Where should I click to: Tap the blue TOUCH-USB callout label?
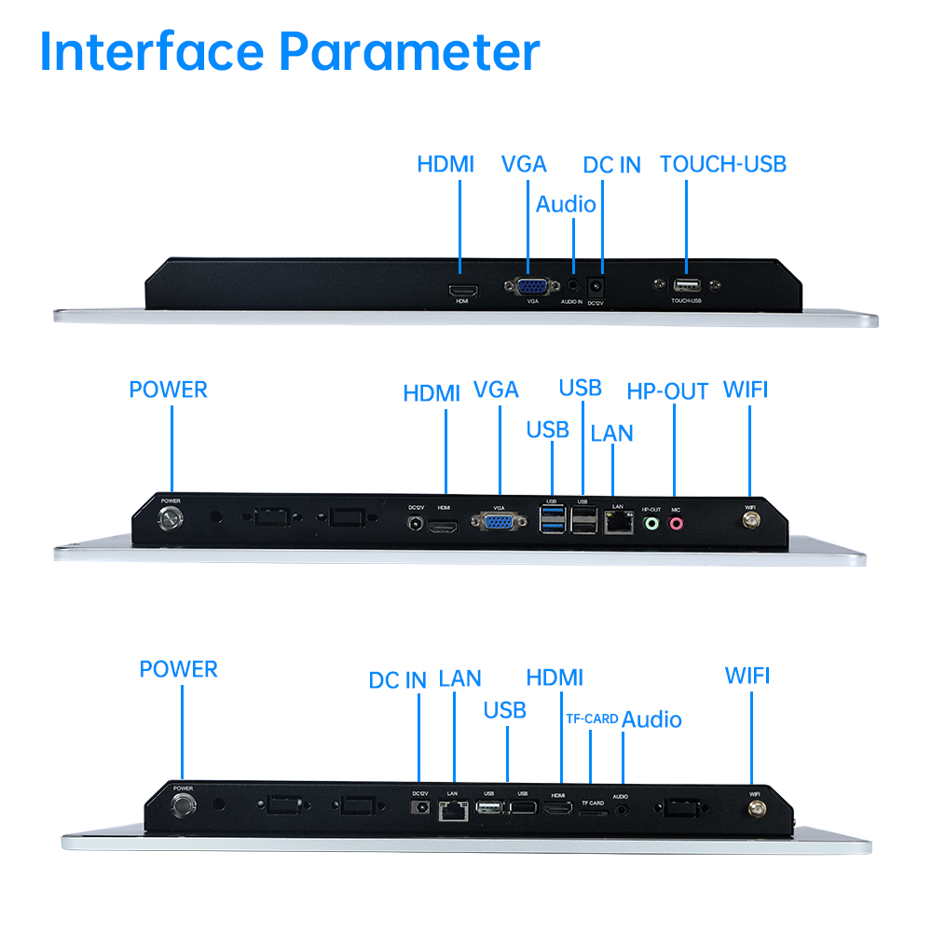tap(723, 165)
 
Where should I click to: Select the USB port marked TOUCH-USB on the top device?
tap(687, 284)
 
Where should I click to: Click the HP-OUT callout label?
tap(667, 391)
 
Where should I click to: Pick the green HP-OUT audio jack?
tap(651, 524)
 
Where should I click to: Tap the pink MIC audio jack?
tap(676, 524)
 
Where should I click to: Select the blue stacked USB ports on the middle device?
tap(553, 524)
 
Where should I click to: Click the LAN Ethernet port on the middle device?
tap(617, 524)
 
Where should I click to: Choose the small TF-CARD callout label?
tap(592, 719)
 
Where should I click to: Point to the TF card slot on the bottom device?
tap(592, 812)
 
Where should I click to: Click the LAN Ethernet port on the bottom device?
tap(453, 810)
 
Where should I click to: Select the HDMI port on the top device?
tap(462, 290)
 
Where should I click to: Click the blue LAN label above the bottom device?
tap(459, 678)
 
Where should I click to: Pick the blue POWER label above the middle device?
tap(168, 390)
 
